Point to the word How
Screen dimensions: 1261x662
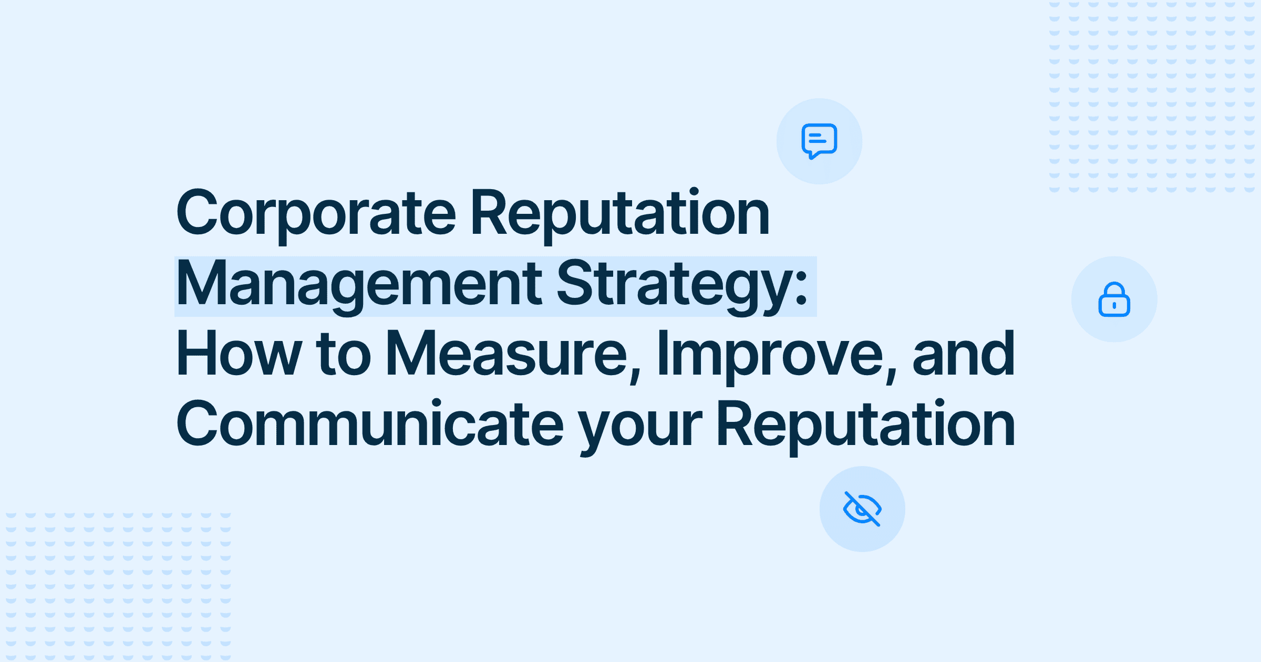coord(239,353)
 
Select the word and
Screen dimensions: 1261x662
coord(964,353)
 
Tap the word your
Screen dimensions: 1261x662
coord(640,428)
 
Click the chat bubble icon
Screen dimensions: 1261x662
coord(819,141)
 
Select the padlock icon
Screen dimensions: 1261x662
coord(1114,299)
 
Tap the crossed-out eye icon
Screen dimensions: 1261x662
coord(862,509)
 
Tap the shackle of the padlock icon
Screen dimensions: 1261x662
coord(1114,290)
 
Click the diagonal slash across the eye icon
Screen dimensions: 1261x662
coord(862,509)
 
